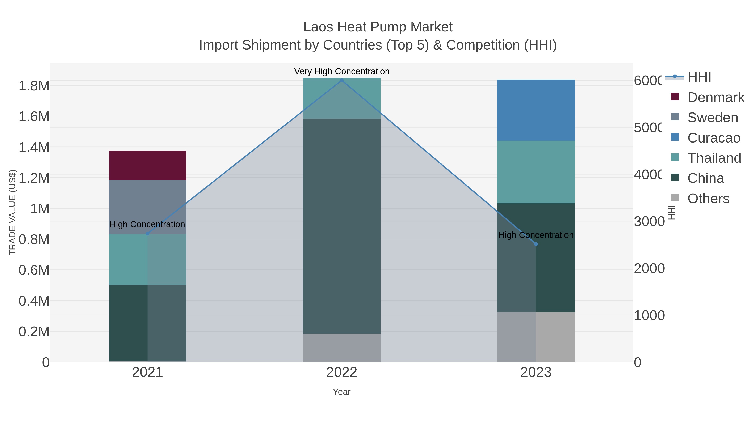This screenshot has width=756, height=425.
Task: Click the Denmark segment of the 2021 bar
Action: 147,165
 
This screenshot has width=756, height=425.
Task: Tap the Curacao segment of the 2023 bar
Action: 536,110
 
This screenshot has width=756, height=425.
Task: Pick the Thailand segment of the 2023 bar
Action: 536,172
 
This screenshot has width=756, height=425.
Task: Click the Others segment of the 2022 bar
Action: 342,348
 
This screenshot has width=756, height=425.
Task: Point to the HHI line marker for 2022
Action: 342,80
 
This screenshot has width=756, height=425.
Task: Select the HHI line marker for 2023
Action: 536,244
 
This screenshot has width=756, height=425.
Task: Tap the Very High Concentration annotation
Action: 342,71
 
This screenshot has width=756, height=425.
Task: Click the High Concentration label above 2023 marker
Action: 536,235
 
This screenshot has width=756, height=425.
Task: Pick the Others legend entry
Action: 708,199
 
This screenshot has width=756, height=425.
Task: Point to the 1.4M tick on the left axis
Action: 34,147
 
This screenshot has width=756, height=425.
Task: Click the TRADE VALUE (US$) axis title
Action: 12,212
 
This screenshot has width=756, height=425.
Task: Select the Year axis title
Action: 342,392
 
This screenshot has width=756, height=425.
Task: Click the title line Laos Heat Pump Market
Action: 378,27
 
